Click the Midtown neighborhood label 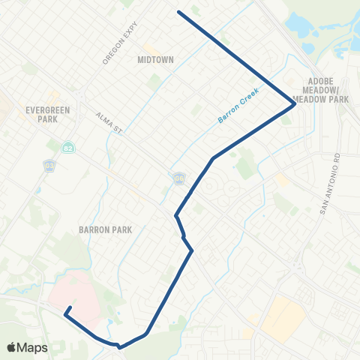pos(154,58)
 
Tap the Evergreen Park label pos(47,114)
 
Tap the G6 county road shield pos(179,178)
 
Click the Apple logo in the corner pos(13,347)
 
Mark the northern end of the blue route pos(178,11)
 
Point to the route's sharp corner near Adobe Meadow pos(294,104)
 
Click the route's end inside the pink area pos(70,307)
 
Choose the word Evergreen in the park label pos(47,109)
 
